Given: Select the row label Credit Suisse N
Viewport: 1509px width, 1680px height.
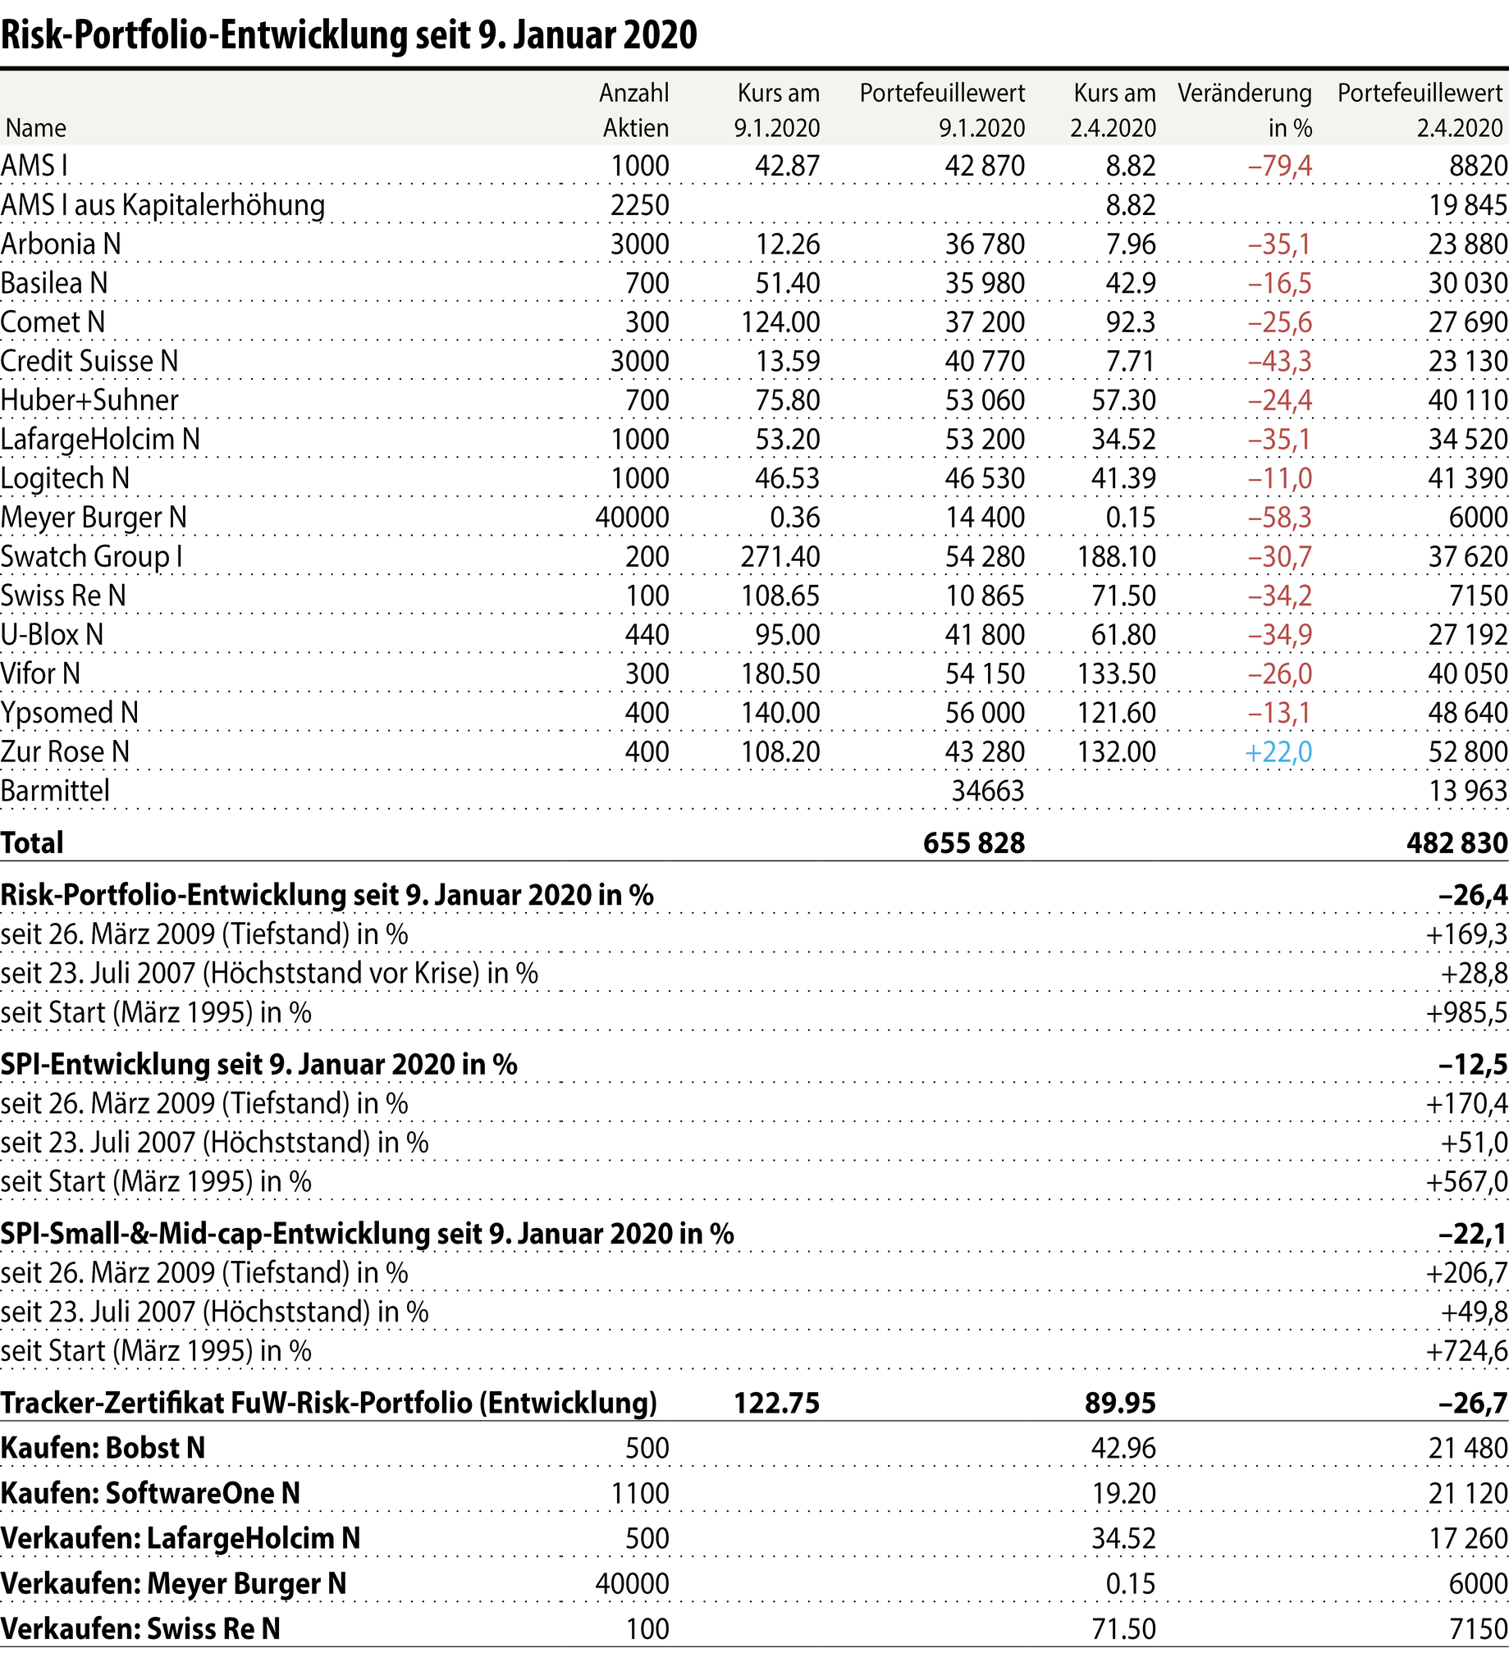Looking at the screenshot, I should pos(89,362).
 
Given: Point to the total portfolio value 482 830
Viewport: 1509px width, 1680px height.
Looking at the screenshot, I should pos(1456,843).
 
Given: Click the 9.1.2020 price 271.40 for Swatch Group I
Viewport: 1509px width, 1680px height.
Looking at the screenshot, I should pos(780,556).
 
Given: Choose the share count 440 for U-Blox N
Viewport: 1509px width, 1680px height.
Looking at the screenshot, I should pos(647,635).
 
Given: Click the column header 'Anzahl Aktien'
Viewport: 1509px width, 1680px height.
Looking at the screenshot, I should pos(634,110).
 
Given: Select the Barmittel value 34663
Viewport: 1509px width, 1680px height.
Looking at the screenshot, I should pos(987,791).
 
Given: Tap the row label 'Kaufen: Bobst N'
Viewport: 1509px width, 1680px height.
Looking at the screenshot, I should pos(103,1448).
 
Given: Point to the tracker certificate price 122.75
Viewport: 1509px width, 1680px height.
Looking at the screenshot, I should pos(776,1403).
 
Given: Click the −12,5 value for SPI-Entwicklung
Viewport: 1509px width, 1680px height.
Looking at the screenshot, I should pos(1473,1064).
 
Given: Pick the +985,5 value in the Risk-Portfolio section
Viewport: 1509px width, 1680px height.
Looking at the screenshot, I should pos(1466,1012).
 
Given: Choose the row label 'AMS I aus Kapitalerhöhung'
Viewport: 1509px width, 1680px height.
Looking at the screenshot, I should pos(162,205).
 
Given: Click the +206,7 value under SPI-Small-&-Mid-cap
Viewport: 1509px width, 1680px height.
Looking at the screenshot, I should pos(1466,1272).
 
